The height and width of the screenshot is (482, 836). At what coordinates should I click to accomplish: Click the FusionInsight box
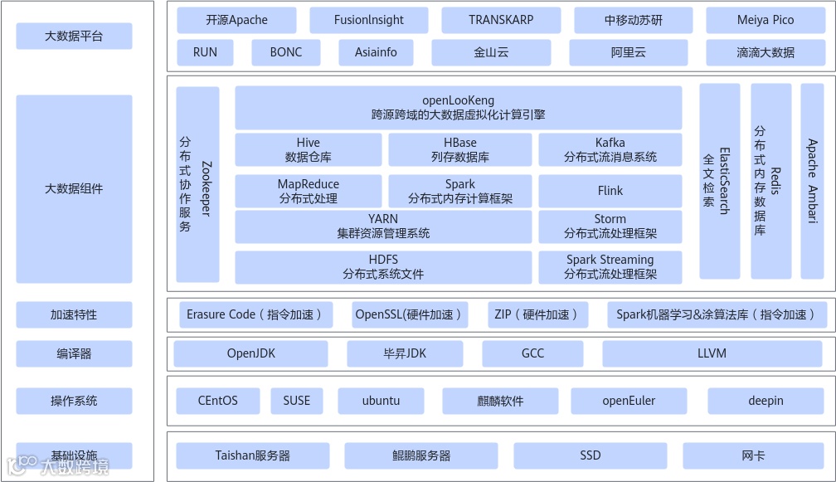point(369,20)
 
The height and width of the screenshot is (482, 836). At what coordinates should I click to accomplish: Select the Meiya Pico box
point(765,20)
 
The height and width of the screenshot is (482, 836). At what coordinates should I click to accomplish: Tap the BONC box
point(286,52)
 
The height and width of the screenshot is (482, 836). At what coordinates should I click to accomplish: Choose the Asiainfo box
point(376,52)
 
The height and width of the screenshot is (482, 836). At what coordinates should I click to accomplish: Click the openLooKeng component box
point(458,108)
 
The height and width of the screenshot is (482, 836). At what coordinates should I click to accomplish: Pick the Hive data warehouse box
point(308,149)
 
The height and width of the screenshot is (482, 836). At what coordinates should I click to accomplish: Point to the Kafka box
point(610,149)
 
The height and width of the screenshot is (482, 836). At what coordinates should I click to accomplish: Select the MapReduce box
point(308,191)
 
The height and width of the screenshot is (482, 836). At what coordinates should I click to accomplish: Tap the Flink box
point(610,191)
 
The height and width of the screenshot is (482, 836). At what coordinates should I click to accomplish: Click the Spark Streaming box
point(610,266)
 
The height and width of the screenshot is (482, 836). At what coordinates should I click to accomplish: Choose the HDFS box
point(383,266)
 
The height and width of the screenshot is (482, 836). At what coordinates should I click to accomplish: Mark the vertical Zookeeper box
point(197,184)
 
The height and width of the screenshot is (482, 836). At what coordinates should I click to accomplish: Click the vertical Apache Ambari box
point(812,181)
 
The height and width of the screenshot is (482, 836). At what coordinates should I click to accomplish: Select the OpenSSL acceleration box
point(410,314)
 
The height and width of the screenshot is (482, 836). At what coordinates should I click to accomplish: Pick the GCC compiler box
point(532,353)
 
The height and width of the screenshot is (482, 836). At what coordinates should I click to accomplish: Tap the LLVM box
point(712,353)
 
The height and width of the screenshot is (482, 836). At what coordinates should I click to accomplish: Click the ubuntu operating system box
point(381,401)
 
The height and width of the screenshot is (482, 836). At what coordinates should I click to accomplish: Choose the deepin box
point(765,401)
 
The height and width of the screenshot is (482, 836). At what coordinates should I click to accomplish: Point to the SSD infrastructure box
point(590,455)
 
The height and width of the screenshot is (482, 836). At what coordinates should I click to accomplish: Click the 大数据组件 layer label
point(74,188)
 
